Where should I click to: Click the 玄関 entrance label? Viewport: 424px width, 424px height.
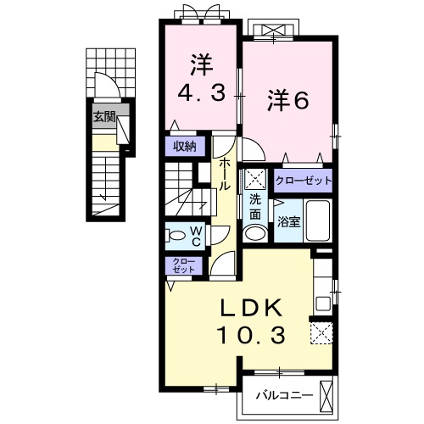[104, 116]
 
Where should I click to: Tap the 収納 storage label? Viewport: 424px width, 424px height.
[185, 147]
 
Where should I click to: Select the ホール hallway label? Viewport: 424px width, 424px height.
[225, 174]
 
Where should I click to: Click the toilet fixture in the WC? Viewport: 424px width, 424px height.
[176, 235]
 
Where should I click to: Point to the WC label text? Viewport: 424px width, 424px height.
[196, 237]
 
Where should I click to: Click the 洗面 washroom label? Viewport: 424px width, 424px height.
[255, 208]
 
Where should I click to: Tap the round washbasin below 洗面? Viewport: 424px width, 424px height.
[255, 233]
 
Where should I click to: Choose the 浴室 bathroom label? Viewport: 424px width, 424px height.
[288, 222]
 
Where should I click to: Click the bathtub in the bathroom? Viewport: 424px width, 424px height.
[318, 220]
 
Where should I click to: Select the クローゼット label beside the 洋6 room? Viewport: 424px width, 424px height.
[304, 181]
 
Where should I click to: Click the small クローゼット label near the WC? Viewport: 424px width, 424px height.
[184, 265]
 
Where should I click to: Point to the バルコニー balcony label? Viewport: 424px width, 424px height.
[285, 395]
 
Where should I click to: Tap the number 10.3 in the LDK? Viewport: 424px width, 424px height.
[251, 335]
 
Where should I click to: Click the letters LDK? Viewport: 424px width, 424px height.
[251, 308]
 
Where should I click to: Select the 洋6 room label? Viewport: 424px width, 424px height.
[287, 101]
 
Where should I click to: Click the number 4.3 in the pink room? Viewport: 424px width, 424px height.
[202, 92]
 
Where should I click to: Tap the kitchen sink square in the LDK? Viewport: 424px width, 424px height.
[323, 304]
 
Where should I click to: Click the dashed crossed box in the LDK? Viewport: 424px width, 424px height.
[321, 333]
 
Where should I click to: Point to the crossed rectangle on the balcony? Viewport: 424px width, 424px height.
[326, 397]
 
